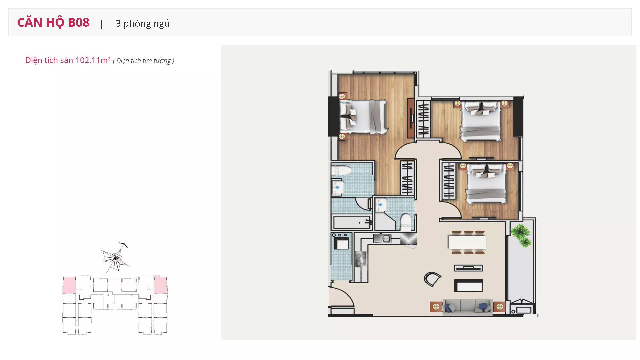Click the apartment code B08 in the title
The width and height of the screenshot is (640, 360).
coord(79,22)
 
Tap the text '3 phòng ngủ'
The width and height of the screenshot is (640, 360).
coord(143,23)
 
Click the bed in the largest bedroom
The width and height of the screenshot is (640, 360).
coord(363,117)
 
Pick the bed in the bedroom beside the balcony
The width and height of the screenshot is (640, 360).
coord(486,184)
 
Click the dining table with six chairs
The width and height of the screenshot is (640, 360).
coord(467,242)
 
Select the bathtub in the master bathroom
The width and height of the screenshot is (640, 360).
coord(352,222)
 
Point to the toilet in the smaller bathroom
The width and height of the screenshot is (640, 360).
coord(406,222)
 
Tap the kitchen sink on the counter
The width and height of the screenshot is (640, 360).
coord(382,238)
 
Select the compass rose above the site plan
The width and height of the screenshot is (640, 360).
coord(115,258)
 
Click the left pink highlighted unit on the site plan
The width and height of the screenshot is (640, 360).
coord(69,285)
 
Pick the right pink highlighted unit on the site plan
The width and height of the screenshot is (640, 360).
coord(160,285)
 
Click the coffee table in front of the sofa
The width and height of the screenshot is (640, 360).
coord(468,286)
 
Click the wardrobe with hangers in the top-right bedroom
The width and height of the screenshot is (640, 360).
coord(423,119)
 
